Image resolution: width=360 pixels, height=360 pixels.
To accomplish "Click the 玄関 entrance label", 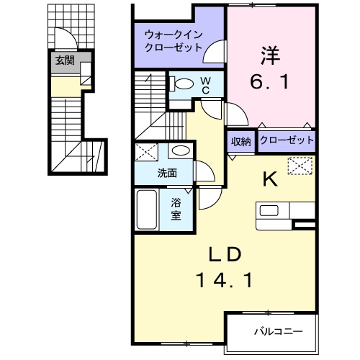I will [x=64, y=60].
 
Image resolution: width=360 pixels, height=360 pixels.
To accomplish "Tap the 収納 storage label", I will [x=241, y=141].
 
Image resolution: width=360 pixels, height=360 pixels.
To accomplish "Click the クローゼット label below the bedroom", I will [x=286, y=141].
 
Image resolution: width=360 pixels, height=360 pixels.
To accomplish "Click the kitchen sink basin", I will [x=271, y=210].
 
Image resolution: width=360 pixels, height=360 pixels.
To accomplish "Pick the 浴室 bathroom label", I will [x=176, y=208].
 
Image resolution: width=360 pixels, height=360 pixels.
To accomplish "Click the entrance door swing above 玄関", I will [x=63, y=41].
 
